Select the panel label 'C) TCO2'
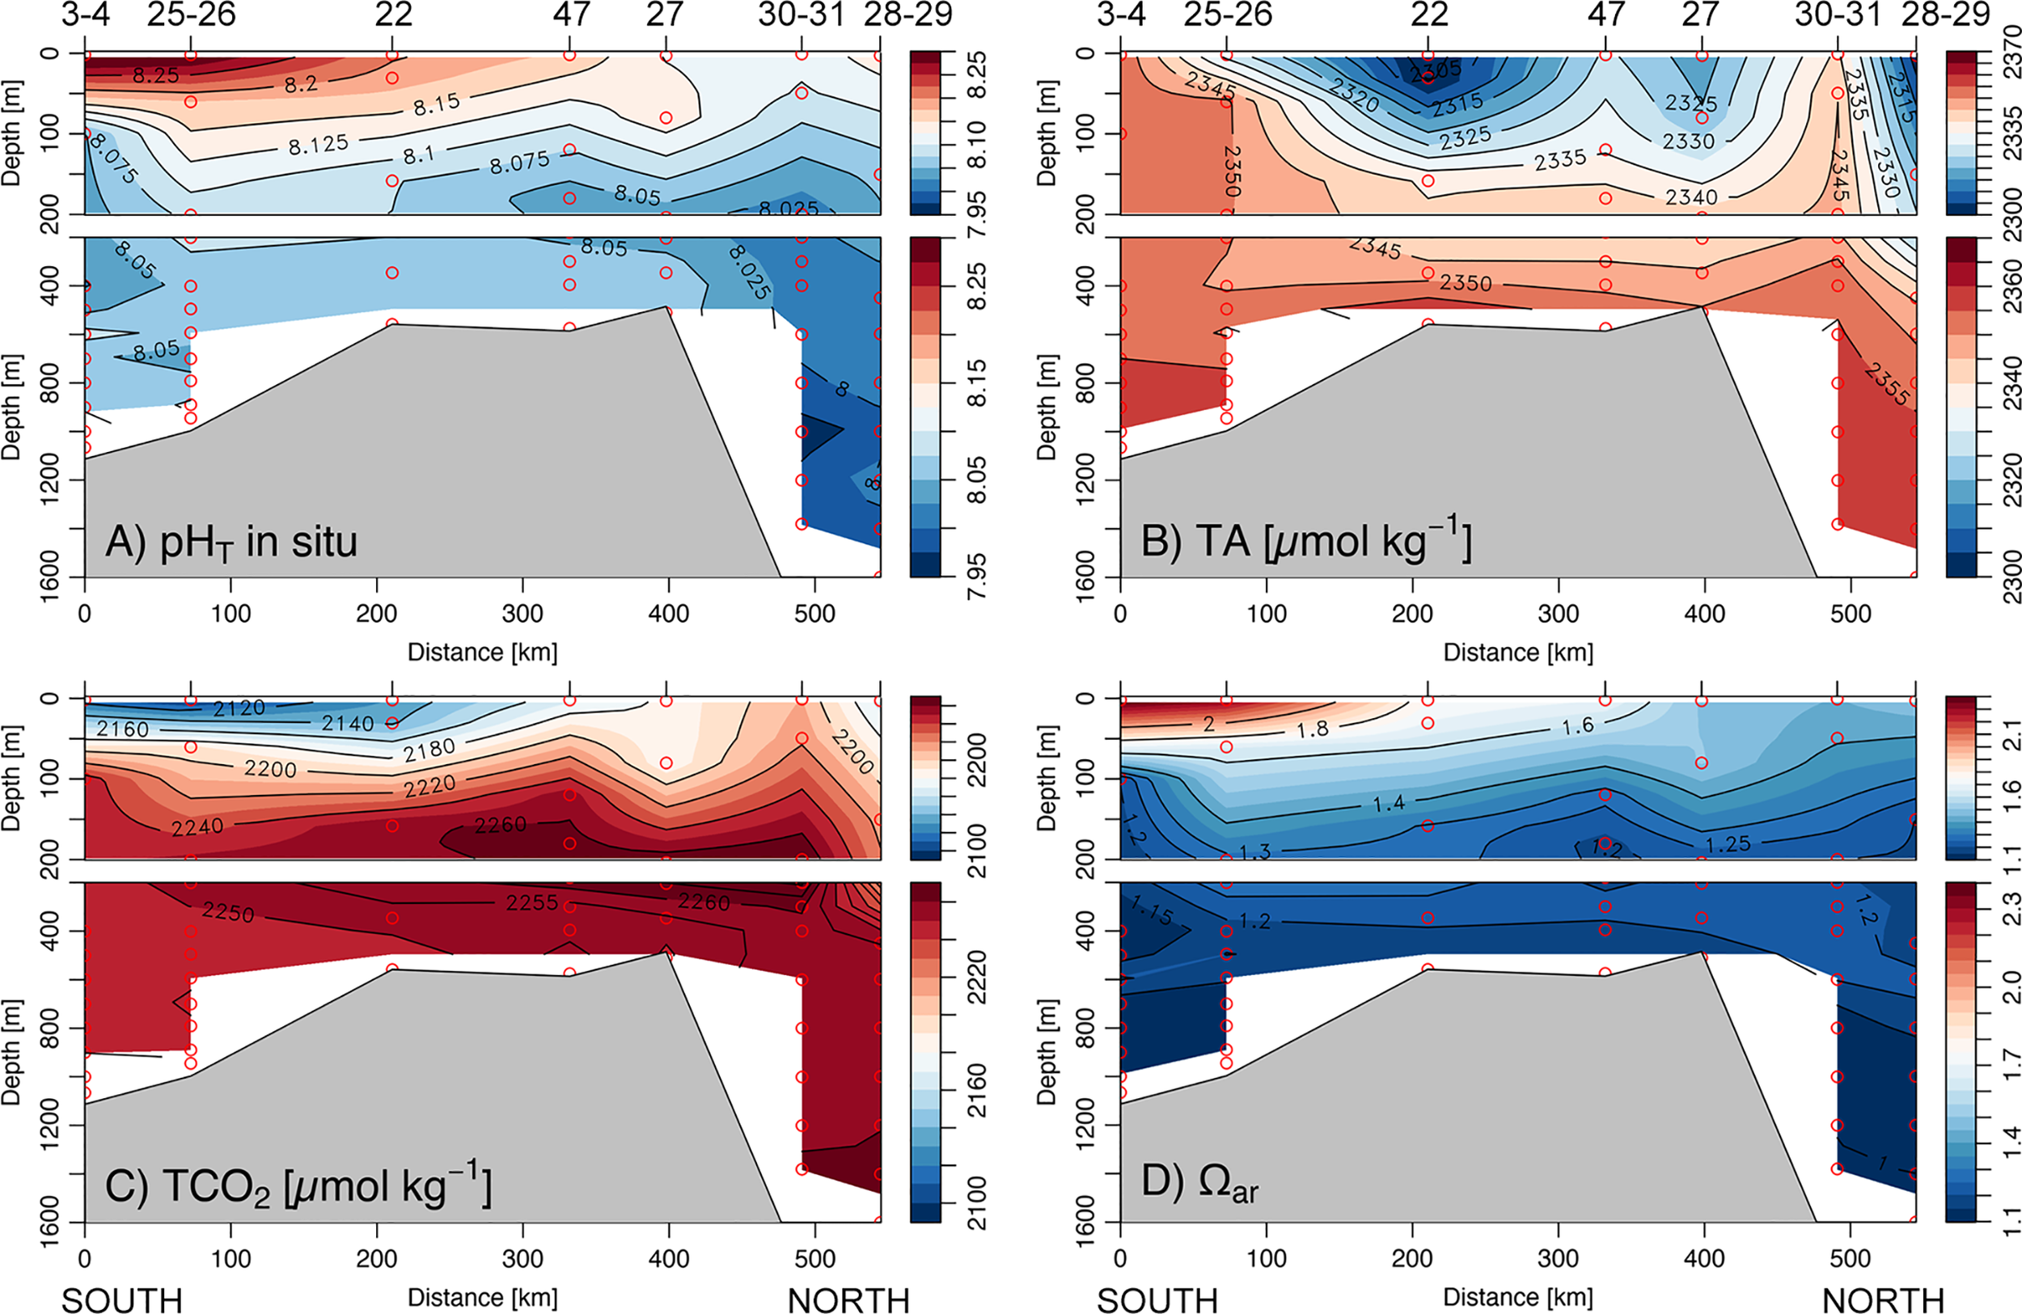(x=298, y=1186)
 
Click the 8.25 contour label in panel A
(x=155, y=75)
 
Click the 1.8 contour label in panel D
(x=1313, y=729)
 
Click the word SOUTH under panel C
(x=121, y=1300)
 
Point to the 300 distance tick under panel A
(x=522, y=613)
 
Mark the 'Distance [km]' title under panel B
(x=1518, y=653)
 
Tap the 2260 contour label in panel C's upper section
(x=501, y=825)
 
